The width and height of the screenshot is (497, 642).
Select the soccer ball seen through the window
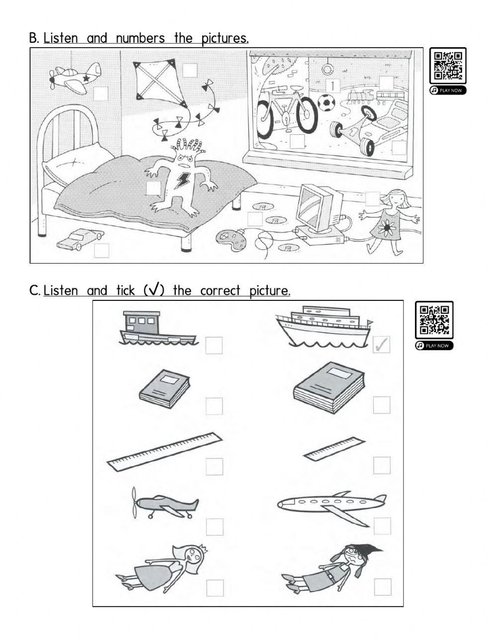tap(326, 103)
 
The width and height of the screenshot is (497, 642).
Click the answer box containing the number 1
tap(332, 86)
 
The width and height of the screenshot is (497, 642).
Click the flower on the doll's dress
tap(386, 228)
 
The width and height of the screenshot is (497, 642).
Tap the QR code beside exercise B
tap(447, 66)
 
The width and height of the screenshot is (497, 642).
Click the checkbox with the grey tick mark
tap(381, 344)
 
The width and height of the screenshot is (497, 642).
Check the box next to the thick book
tap(381, 405)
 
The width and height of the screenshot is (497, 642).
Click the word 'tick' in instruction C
tap(125, 290)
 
